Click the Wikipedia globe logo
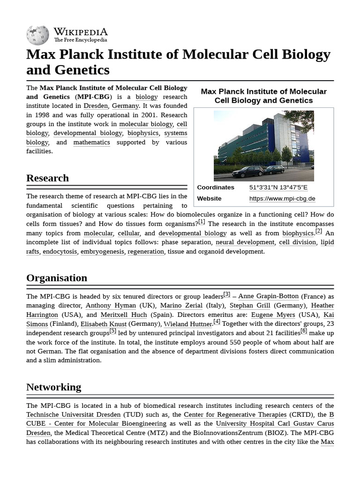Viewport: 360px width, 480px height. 37,35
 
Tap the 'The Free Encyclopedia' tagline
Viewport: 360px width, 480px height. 80,40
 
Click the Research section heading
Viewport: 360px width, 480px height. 47,178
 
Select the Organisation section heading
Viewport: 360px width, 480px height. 57,278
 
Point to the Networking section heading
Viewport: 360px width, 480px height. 53,387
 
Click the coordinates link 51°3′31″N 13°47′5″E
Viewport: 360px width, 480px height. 278,187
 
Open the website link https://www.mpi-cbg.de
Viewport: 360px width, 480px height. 282,199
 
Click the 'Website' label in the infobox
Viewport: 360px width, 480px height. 209,199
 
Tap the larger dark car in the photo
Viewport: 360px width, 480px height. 247,171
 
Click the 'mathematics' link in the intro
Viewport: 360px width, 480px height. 91,142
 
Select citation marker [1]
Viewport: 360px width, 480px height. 202,222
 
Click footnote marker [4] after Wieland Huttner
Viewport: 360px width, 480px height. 217,322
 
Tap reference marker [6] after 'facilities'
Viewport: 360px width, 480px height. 304,331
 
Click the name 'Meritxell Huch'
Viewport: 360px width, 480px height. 124,315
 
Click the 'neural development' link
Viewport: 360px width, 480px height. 245,242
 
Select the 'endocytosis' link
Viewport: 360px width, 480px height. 60,252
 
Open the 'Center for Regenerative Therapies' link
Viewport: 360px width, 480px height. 235,415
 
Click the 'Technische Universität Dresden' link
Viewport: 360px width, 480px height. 73,415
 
